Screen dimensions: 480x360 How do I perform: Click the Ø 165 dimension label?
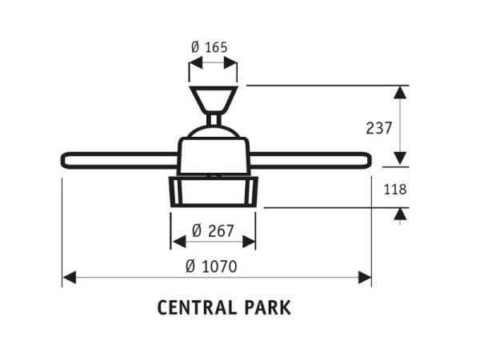tap(210, 47)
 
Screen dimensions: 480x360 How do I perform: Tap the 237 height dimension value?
tap(379, 128)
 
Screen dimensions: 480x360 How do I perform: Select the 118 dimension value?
tap(395, 189)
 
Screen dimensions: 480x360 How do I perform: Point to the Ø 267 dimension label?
tap(213, 230)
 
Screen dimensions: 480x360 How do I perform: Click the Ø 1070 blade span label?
tap(211, 266)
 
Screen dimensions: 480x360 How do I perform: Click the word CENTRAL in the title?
tap(197, 308)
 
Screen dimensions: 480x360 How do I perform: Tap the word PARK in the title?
tap(267, 308)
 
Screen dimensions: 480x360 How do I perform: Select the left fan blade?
tap(120, 161)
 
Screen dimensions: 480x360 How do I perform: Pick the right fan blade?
tap(310, 161)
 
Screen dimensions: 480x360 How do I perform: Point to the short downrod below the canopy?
tap(214, 119)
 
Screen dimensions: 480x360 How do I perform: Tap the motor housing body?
tap(214, 155)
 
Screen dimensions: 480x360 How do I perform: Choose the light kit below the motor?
tap(214, 191)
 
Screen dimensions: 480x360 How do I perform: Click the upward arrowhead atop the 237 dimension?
tap(400, 93)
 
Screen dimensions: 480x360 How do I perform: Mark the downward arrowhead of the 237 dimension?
tap(400, 158)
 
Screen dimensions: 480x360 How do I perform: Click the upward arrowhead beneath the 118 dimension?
tap(400, 214)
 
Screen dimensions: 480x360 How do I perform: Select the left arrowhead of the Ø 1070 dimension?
tap(69, 278)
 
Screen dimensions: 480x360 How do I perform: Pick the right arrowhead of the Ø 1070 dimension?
tap(365, 278)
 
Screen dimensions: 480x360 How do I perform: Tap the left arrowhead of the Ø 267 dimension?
tap(178, 242)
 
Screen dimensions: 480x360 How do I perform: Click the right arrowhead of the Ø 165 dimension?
tap(230, 62)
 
